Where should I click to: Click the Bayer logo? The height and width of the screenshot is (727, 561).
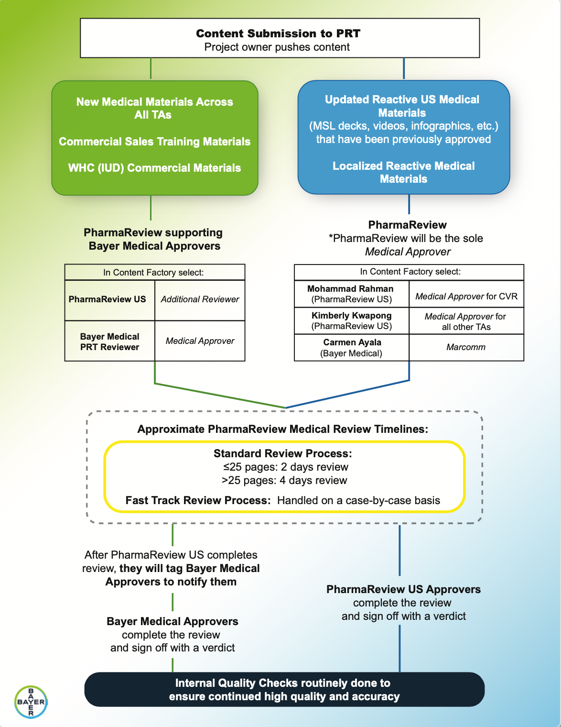coord(31,702)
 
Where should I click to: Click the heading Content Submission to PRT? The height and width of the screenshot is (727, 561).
coord(278,33)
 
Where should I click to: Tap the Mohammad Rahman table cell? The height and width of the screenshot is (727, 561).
coord(352,294)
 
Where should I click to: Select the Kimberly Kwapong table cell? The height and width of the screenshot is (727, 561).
coord(352,320)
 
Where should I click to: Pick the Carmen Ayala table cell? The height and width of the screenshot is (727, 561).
coord(352,348)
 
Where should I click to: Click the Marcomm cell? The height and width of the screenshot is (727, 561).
coord(466,348)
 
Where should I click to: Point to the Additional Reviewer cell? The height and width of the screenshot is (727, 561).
coord(200,300)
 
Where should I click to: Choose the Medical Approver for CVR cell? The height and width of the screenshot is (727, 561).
coord(466,294)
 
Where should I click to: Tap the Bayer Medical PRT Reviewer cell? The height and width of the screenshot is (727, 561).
coord(109,341)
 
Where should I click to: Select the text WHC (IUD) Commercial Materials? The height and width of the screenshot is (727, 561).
coord(154,168)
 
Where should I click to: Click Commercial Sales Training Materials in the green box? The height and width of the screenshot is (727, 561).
coord(154,142)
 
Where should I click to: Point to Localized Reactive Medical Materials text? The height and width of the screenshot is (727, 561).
coord(404,172)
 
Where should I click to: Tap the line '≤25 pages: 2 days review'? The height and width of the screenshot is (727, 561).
coord(286,467)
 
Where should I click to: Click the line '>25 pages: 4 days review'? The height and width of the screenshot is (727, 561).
coord(284,480)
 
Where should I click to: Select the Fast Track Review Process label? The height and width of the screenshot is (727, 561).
coord(198,500)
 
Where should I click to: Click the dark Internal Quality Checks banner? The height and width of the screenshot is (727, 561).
coord(284,690)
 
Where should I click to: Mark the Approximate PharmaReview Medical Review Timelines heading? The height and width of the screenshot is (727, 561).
coord(283,429)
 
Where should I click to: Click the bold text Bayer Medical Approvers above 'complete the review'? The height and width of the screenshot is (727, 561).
coord(173,621)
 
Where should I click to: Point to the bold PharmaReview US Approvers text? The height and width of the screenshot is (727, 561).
coord(404,589)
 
